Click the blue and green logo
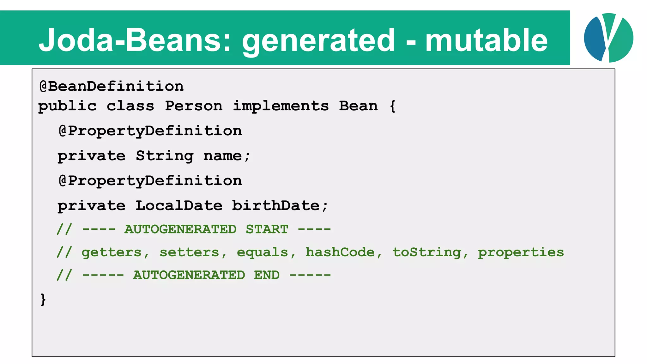click(608, 38)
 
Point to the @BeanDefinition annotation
click(111, 86)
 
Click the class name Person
click(194, 106)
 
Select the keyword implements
click(281, 106)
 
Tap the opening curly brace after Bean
click(392, 106)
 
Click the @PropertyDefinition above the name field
click(150, 131)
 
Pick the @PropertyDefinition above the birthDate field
click(150, 181)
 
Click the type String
click(165, 156)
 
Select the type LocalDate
click(179, 206)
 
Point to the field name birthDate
click(276, 206)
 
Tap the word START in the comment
click(267, 229)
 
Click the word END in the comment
click(267, 275)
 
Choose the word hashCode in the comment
click(340, 252)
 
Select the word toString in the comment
click(427, 252)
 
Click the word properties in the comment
click(521, 252)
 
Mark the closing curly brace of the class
click(43, 299)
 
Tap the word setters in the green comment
click(189, 252)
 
